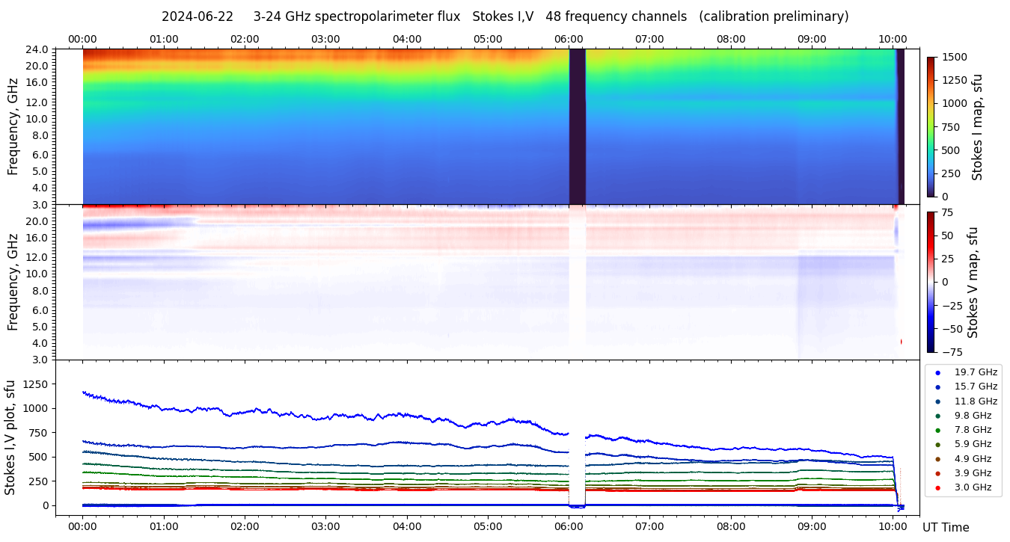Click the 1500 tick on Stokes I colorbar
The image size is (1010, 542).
955,58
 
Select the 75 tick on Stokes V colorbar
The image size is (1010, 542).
949,212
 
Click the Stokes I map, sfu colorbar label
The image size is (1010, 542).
977,127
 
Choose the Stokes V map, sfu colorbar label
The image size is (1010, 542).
973,283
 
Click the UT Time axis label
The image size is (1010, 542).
946,527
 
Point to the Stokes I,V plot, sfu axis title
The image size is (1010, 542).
10,437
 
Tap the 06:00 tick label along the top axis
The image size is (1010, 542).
569,39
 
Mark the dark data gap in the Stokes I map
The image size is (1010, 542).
577,126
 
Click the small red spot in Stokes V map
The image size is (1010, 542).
901,342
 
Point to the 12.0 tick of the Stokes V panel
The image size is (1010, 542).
40,256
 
